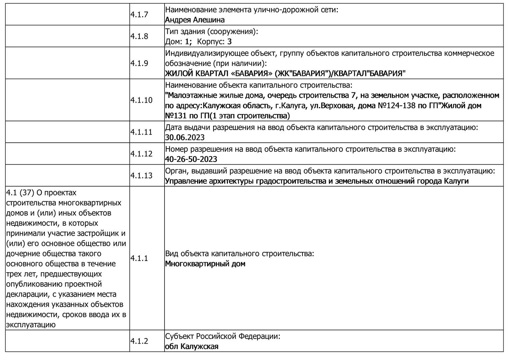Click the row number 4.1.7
click(x=139, y=15)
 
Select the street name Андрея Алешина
click(x=195, y=20)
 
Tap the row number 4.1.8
click(x=139, y=36)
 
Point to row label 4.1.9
click(x=139, y=63)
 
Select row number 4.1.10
click(x=141, y=100)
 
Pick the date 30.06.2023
click(x=185, y=137)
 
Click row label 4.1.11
click(x=141, y=132)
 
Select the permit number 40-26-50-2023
click(x=191, y=159)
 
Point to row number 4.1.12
click(x=141, y=154)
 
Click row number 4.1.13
click(x=141, y=176)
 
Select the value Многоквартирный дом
click(x=205, y=264)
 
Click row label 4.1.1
click(x=139, y=258)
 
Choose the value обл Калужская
click(x=192, y=346)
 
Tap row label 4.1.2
click(x=139, y=341)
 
